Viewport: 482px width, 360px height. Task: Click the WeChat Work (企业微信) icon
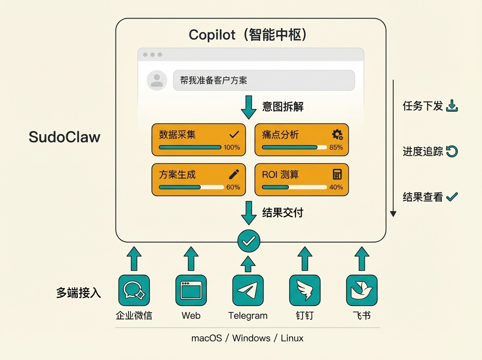pos(134,290)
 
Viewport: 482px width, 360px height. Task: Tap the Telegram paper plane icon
pos(248,290)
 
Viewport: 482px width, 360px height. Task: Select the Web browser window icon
pos(191,290)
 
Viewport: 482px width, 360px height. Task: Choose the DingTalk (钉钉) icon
pos(305,290)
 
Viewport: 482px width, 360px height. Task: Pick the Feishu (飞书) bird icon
pos(361,290)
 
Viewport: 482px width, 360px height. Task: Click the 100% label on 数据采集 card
pos(232,147)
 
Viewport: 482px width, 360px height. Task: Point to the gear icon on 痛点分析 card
pos(337,135)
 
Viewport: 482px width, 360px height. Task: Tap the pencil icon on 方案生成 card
pos(234,174)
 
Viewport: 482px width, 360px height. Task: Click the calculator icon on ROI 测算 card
pos(337,174)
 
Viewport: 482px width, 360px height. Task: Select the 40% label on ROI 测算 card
pos(336,187)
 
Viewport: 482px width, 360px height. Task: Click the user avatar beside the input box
pos(157,80)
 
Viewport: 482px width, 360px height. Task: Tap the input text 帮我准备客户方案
pos(213,80)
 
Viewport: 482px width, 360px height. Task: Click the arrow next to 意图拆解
pos(249,107)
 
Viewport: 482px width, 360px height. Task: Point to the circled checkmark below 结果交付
pos(249,241)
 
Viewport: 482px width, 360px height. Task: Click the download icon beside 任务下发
pos(452,106)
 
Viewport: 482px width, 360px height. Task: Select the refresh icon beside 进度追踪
pos(452,151)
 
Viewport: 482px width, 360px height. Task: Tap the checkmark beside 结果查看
pos(452,196)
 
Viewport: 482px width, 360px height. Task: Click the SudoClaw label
pos(64,137)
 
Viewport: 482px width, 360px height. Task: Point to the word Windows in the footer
pos(251,338)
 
